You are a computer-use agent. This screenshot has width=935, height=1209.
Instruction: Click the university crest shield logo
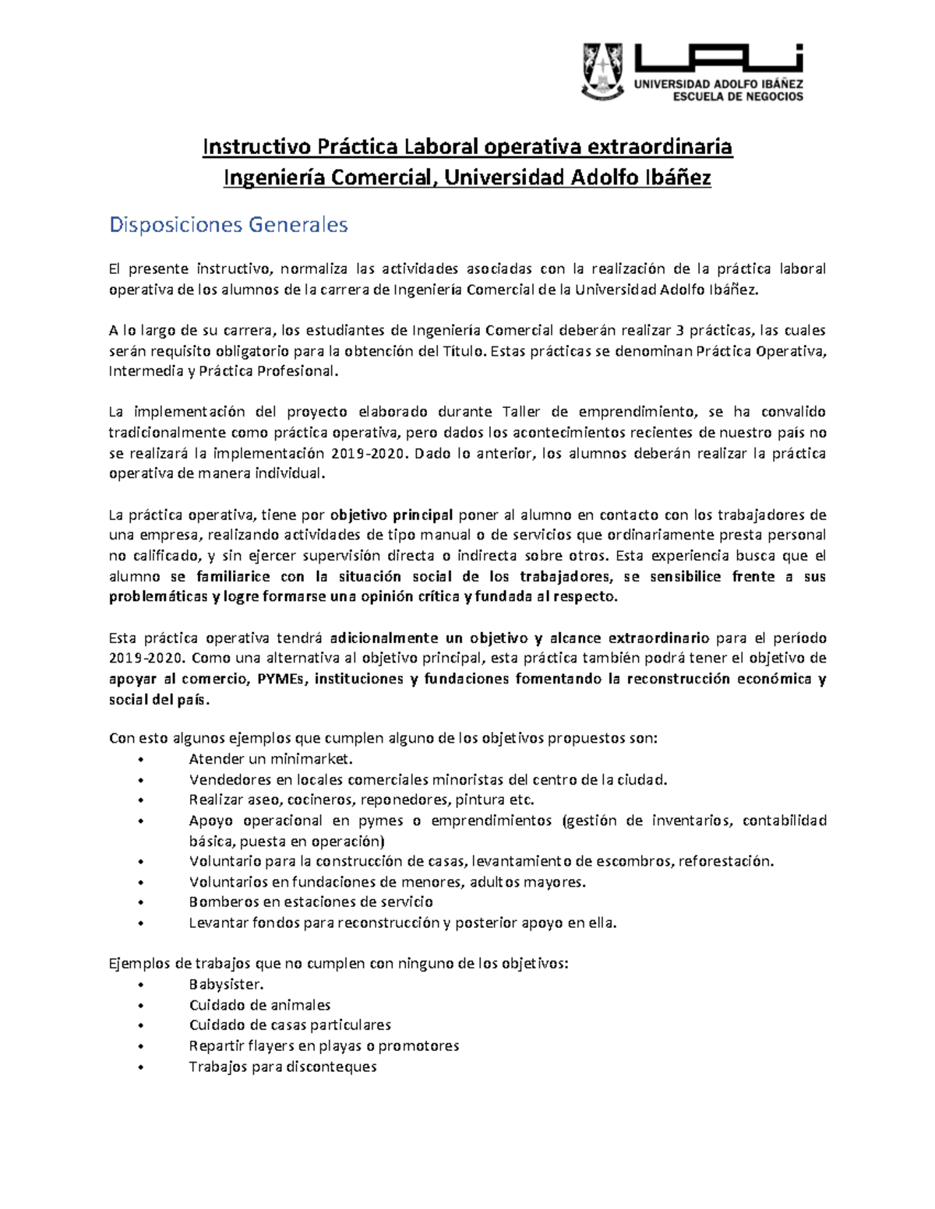coord(603,71)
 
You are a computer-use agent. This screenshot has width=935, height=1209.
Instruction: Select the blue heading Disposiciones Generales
coord(228,225)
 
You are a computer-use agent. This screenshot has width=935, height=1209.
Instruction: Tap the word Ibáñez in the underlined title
coord(678,178)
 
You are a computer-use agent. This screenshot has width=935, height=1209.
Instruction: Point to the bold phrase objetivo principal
coord(391,515)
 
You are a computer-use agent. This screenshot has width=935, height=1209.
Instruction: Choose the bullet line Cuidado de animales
coord(259,1004)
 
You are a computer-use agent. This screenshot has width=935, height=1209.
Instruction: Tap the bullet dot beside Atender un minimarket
coord(140,760)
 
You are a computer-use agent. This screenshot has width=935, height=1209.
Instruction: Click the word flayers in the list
coord(269,1046)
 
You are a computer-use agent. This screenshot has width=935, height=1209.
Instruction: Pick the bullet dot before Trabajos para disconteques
coord(140,1067)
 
